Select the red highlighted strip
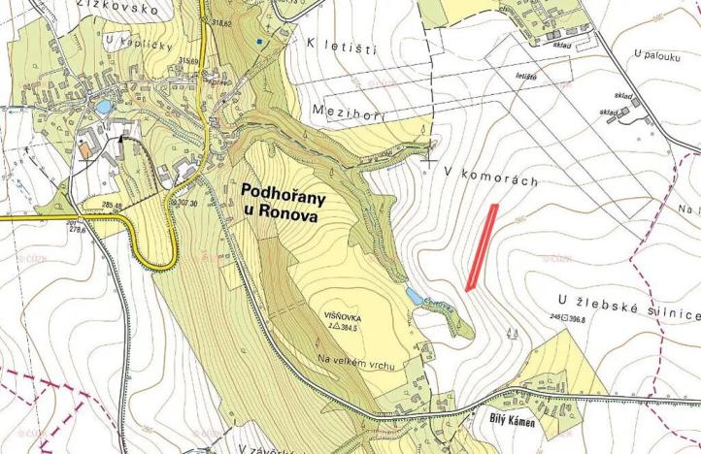(x=483, y=247)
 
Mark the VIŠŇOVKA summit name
(x=346, y=317)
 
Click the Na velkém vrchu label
(x=353, y=361)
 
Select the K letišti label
(x=341, y=46)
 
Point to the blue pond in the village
(x=102, y=105)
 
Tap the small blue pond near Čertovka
(x=415, y=294)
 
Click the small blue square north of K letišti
(x=258, y=42)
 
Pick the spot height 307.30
(x=216, y=203)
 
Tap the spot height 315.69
(x=188, y=61)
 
